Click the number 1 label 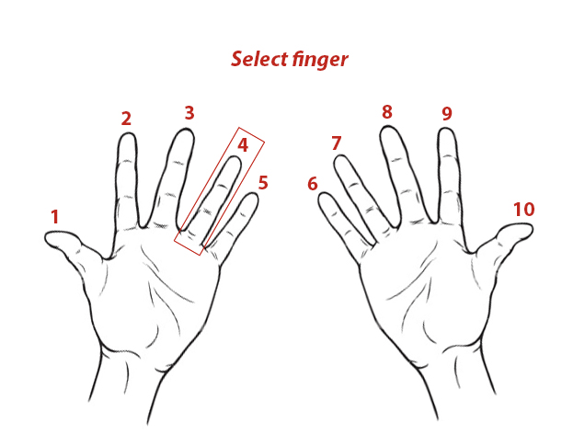[x=55, y=217]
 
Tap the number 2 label [x=127, y=119]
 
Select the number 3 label [x=189, y=113]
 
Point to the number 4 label [x=243, y=145]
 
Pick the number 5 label [x=263, y=182]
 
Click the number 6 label [x=313, y=184]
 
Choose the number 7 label [x=336, y=143]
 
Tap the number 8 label [x=387, y=112]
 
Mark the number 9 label [x=447, y=113]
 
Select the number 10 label [x=524, y=210]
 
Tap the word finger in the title [x=320, y=60]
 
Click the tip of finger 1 [x=45, y=237]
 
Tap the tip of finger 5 [x=254, y=193]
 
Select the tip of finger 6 [x=323, y=193]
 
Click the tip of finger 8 [x=388, y=127]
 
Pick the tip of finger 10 [x=532, y=227]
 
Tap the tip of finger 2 [x=127, y=134]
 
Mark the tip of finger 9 [x=446, y=129]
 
